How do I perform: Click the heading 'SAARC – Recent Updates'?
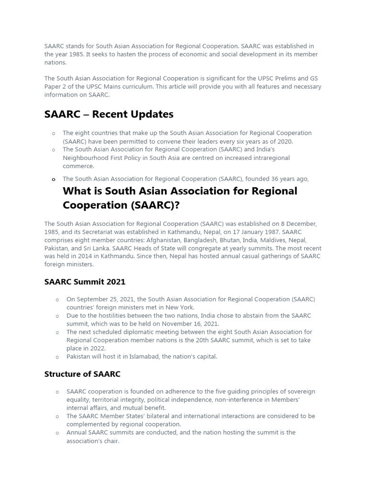[x=108, y=115]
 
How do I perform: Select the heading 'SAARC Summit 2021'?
[x=85, y=282]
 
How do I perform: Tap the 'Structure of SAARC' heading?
[x=82, y=374]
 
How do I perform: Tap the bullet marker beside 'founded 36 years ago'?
[x=54, y=180]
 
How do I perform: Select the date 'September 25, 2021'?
[x=107, y=299]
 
